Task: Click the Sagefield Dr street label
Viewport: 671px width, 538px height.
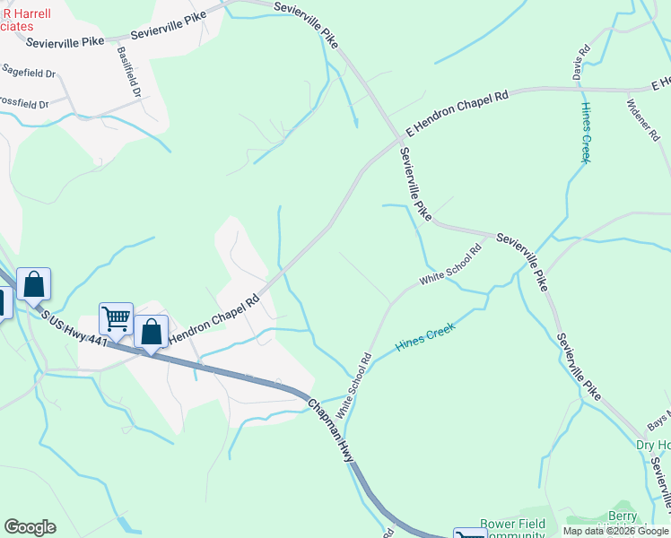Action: [29, 72]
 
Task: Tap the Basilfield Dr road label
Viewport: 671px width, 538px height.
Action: [130, 71]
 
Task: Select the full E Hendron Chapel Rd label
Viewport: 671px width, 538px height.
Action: [456, 108]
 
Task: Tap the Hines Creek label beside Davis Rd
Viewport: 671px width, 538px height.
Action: [586, 133]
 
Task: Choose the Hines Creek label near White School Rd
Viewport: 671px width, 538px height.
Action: [426, 337]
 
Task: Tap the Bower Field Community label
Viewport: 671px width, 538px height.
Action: [512, 529]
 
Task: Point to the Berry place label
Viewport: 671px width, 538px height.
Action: [623, 516]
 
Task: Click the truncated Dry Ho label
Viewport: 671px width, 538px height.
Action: [652, 446]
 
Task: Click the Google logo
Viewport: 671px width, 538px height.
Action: [30, 527]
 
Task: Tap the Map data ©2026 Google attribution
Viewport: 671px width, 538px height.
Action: [615, 531]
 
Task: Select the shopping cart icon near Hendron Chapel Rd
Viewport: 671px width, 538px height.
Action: [116, 317]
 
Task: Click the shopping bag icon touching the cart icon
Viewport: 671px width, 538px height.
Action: [151, 332]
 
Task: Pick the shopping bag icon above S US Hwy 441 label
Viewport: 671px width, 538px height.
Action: [33, 284]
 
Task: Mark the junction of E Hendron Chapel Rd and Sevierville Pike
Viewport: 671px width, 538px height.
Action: [398, 140]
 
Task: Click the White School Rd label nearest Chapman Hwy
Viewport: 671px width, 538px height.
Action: [353, 386]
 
